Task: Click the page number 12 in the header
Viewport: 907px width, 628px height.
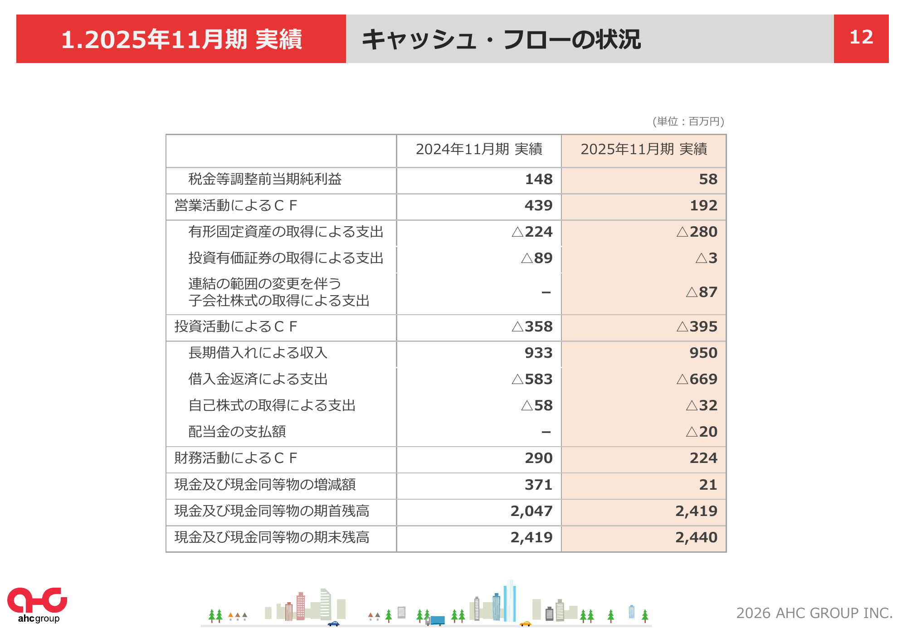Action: click(861, 38)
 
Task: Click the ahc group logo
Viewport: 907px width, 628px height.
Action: click(37, 605)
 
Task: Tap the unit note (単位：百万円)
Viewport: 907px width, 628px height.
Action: click(688, 122)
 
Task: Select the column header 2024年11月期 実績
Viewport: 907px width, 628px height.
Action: click(479, 149)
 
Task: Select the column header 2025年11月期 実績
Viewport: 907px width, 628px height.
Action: click(644, 149)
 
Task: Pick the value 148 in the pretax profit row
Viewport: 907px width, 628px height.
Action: click(539, 180)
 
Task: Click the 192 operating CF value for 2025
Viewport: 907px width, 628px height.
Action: click(703, 206)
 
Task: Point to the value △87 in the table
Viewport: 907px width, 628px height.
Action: click(702, 292)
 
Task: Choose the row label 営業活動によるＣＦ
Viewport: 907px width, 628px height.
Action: click(236, 206)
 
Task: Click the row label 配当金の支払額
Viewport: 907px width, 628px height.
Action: click(237, 432)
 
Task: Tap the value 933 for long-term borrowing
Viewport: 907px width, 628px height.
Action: click(539, 353)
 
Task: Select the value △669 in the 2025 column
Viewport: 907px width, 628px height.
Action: click(697, 380)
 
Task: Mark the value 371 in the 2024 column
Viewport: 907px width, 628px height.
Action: click(539, 485)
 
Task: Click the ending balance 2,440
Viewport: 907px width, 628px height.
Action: click(696, 538)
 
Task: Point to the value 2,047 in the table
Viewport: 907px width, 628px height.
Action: click(532, 511)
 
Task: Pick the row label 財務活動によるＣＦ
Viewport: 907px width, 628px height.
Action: click(236, 458)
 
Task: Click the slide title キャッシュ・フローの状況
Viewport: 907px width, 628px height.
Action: click(501, 39)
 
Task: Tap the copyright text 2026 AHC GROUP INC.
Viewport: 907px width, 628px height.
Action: click(814, 613)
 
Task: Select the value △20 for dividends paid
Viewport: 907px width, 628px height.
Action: click(702, 432)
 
